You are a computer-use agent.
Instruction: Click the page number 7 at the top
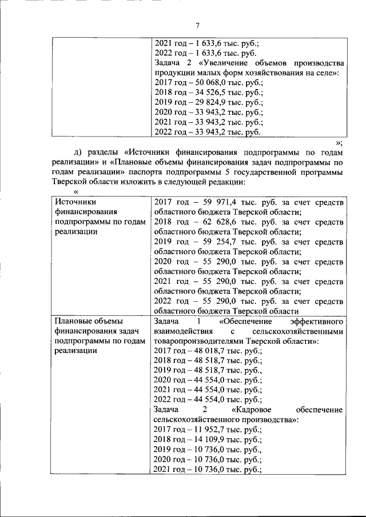(197, 25)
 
